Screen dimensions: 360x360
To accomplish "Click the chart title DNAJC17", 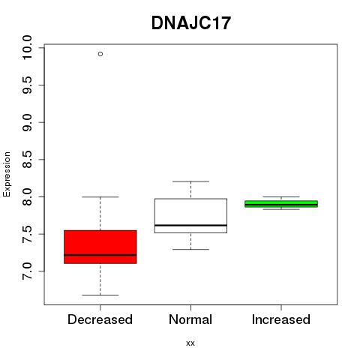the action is (191, 23).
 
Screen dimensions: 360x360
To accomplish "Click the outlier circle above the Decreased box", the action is (100, 54).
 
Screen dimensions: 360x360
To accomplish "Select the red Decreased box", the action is (100, 247).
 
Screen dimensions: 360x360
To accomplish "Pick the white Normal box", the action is (190, 216).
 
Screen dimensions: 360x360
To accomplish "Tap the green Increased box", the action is (281, 204).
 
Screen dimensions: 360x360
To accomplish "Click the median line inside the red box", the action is (100, 255).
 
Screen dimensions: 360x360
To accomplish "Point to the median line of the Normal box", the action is (190, 225).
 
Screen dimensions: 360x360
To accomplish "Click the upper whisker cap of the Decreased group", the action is (100, 197).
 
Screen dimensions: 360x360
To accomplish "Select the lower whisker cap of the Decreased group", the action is (100, 295).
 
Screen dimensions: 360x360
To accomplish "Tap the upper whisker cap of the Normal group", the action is (190, 181).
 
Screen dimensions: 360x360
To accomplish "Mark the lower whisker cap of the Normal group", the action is (190, 249).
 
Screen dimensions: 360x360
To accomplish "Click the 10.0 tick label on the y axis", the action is (27, 47).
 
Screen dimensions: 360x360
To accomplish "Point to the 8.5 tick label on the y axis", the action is (27, 160).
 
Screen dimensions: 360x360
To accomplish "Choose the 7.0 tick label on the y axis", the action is (27, 271).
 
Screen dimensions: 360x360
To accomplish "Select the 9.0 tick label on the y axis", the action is (27, 122).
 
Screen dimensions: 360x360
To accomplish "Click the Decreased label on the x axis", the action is (100, 319).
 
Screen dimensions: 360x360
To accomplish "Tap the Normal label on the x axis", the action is (190, 319).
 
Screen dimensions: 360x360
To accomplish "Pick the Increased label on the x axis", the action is (281, 319).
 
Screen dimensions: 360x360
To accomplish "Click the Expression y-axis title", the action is (7, 174).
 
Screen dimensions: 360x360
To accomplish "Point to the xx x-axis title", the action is (190, 343).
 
